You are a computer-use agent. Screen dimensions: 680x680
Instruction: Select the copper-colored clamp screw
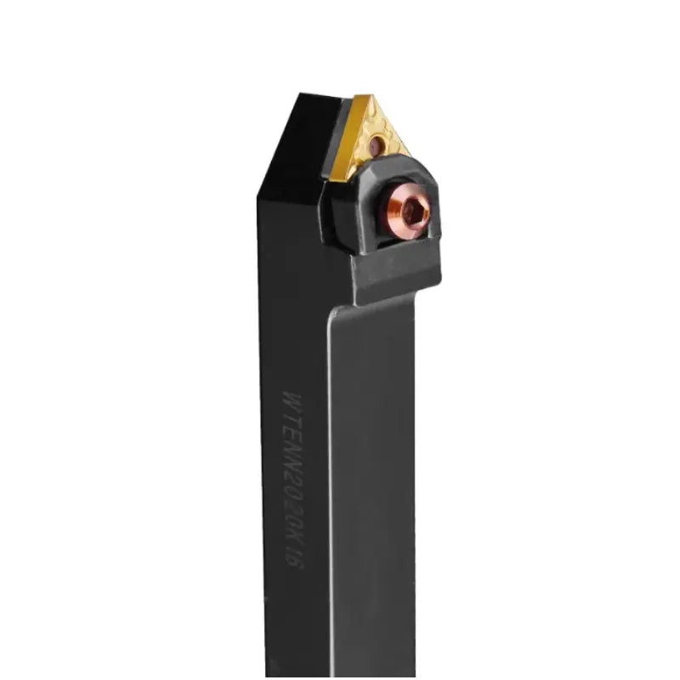tap(413, 212)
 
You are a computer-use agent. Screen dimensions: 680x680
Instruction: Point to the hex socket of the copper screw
tap(414, 212)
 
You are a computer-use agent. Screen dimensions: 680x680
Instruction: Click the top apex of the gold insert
tap(362, 96)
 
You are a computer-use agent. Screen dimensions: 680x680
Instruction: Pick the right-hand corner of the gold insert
tap(409, 155)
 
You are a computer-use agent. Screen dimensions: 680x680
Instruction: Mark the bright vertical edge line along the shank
tap(328, 425)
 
